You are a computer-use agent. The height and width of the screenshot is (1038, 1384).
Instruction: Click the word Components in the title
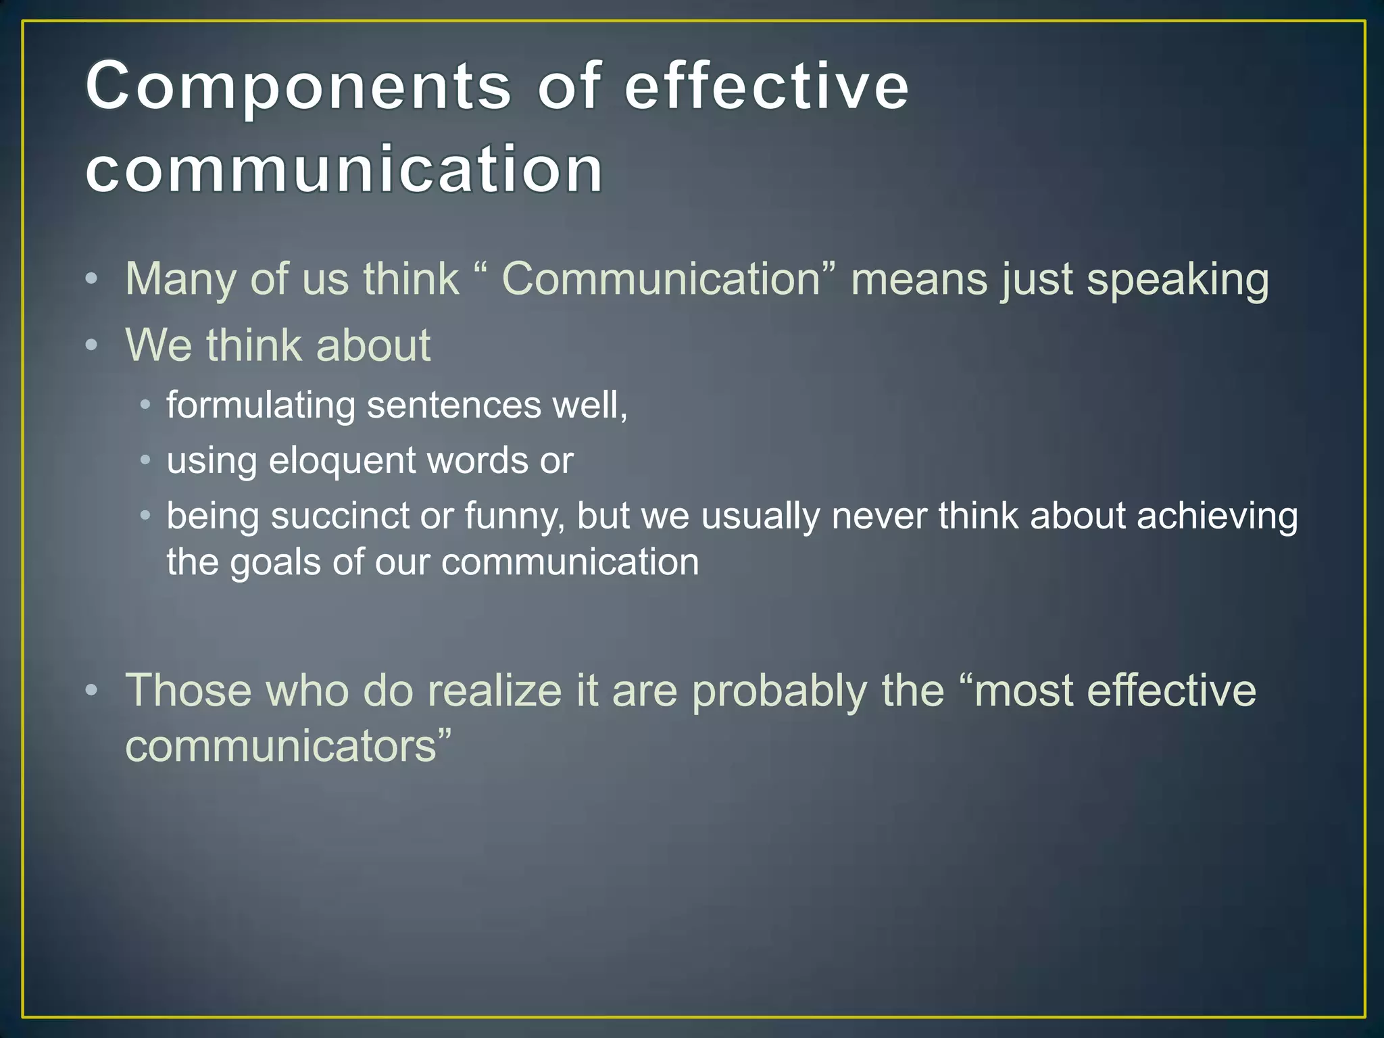[x=298, y=86]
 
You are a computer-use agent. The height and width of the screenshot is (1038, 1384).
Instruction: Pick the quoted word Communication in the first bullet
[x=661, y=279]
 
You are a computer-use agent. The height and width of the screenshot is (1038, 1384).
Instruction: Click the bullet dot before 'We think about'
[x=92, y=345]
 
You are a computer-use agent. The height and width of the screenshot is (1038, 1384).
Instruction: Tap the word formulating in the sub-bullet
[x=261, y=405]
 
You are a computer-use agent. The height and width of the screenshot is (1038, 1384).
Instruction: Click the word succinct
[x=341, y=516]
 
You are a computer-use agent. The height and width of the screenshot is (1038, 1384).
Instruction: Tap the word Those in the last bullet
[x=189, y=691]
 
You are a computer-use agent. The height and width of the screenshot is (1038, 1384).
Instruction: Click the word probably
[x=780, y=692]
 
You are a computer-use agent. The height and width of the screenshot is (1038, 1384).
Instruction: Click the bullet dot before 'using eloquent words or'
[x=145, y=460]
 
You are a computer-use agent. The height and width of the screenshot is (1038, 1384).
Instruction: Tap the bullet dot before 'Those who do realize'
[x=92, y=690]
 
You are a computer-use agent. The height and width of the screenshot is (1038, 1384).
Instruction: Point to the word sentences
[x=454, y=405]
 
